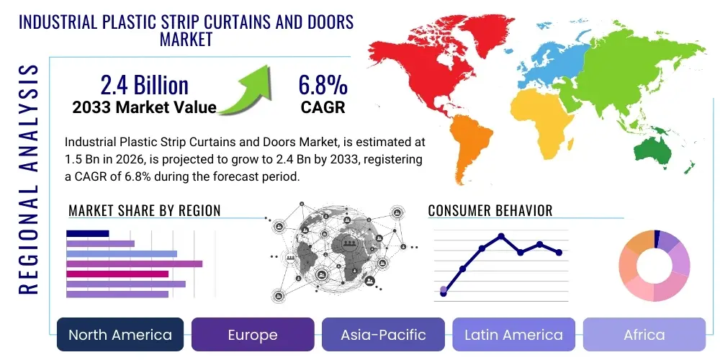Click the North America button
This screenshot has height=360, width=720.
click(120, 335)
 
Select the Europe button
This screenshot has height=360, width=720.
click(252, 335)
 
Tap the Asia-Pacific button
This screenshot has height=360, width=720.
click(384, 335)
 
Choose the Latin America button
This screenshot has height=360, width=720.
click(513, 335)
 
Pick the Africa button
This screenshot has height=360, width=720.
click(644, 335)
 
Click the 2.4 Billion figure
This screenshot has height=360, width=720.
click(144, 85)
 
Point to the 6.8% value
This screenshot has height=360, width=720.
click(323, 85)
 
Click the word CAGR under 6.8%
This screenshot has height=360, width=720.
click(323, 108)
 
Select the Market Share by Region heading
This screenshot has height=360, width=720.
click(144, 211)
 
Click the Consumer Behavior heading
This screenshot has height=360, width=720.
click(490, 211)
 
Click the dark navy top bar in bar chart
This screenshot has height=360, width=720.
click(87, 233)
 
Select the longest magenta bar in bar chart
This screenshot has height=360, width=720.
click(134, 264)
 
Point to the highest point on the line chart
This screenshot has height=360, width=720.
click(501, 236)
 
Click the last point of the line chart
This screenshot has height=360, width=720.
click(559, 252)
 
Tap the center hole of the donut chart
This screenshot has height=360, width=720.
click(654, 266)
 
